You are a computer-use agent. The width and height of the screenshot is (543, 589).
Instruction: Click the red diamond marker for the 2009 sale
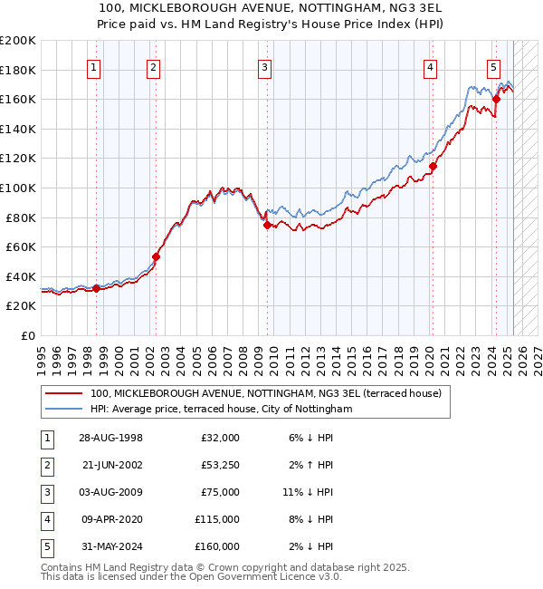pos(267,225)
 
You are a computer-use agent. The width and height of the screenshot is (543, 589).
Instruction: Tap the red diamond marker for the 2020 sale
pos(433,166)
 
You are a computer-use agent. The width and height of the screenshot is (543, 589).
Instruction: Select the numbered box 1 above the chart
pos(94,66)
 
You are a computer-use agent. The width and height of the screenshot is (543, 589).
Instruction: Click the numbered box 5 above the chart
pos(493,66)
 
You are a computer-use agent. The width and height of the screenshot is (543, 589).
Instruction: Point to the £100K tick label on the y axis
pos(18,188)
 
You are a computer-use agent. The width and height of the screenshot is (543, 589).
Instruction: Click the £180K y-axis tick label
pos(18,70)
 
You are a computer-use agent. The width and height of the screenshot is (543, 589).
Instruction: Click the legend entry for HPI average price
pos(220,410)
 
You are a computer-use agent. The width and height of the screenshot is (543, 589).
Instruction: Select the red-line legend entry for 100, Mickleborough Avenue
pos(265,393)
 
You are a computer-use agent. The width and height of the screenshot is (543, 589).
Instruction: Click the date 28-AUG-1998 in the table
pos(110,438)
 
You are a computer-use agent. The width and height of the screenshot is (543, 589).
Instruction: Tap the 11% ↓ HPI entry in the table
pos(308,492)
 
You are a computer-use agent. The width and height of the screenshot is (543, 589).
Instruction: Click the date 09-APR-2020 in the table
pos(110,519)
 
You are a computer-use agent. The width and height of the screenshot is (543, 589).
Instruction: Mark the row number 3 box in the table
pos(46,492)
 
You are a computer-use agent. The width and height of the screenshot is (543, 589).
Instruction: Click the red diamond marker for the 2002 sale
pos(156,256)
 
